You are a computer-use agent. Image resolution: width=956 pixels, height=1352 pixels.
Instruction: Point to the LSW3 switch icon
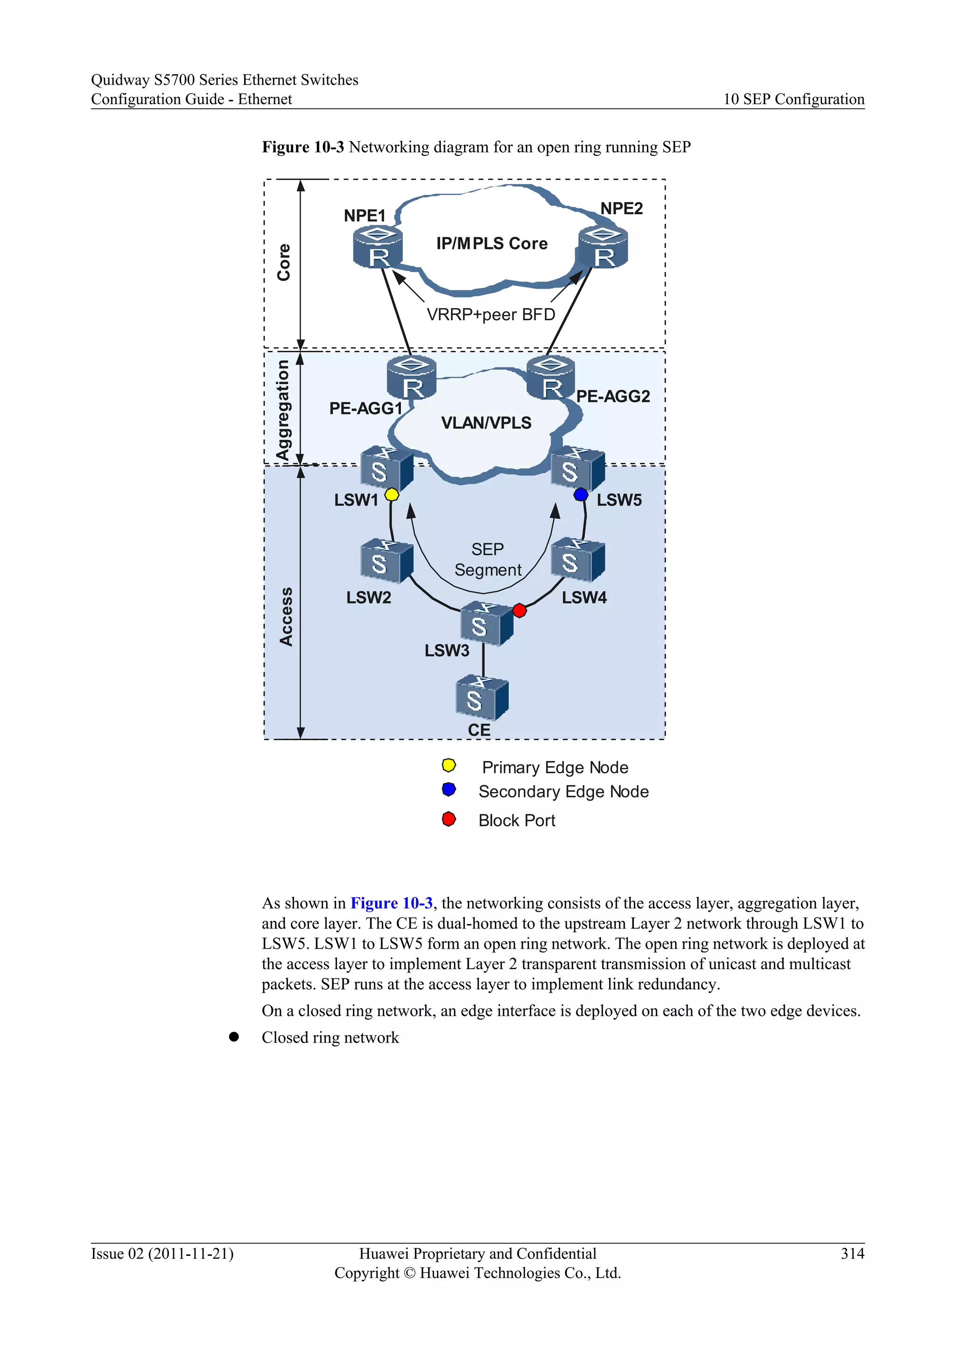coord(486,624)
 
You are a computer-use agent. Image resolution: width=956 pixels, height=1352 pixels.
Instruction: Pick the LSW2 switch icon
coord(386,561)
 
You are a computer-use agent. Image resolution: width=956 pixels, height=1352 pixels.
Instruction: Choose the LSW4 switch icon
coord(577,560)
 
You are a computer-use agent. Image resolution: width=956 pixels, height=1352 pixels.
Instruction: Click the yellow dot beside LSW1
coord(392,495)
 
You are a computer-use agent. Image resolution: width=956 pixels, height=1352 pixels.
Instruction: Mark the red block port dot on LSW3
coord(519,611)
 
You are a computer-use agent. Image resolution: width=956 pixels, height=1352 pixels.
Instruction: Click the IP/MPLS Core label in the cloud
coord(492,243)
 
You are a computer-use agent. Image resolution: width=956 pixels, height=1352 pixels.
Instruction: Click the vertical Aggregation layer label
coord(283,410)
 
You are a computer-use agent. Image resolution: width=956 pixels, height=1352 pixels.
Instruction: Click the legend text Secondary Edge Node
coord(563,791)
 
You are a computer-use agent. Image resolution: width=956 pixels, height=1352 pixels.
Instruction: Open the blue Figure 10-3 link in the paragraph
coord(392,903)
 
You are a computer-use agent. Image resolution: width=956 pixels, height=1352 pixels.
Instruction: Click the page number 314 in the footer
coord(852,1253)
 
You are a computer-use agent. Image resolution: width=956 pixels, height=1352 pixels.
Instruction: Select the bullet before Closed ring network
coord(234,1037)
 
